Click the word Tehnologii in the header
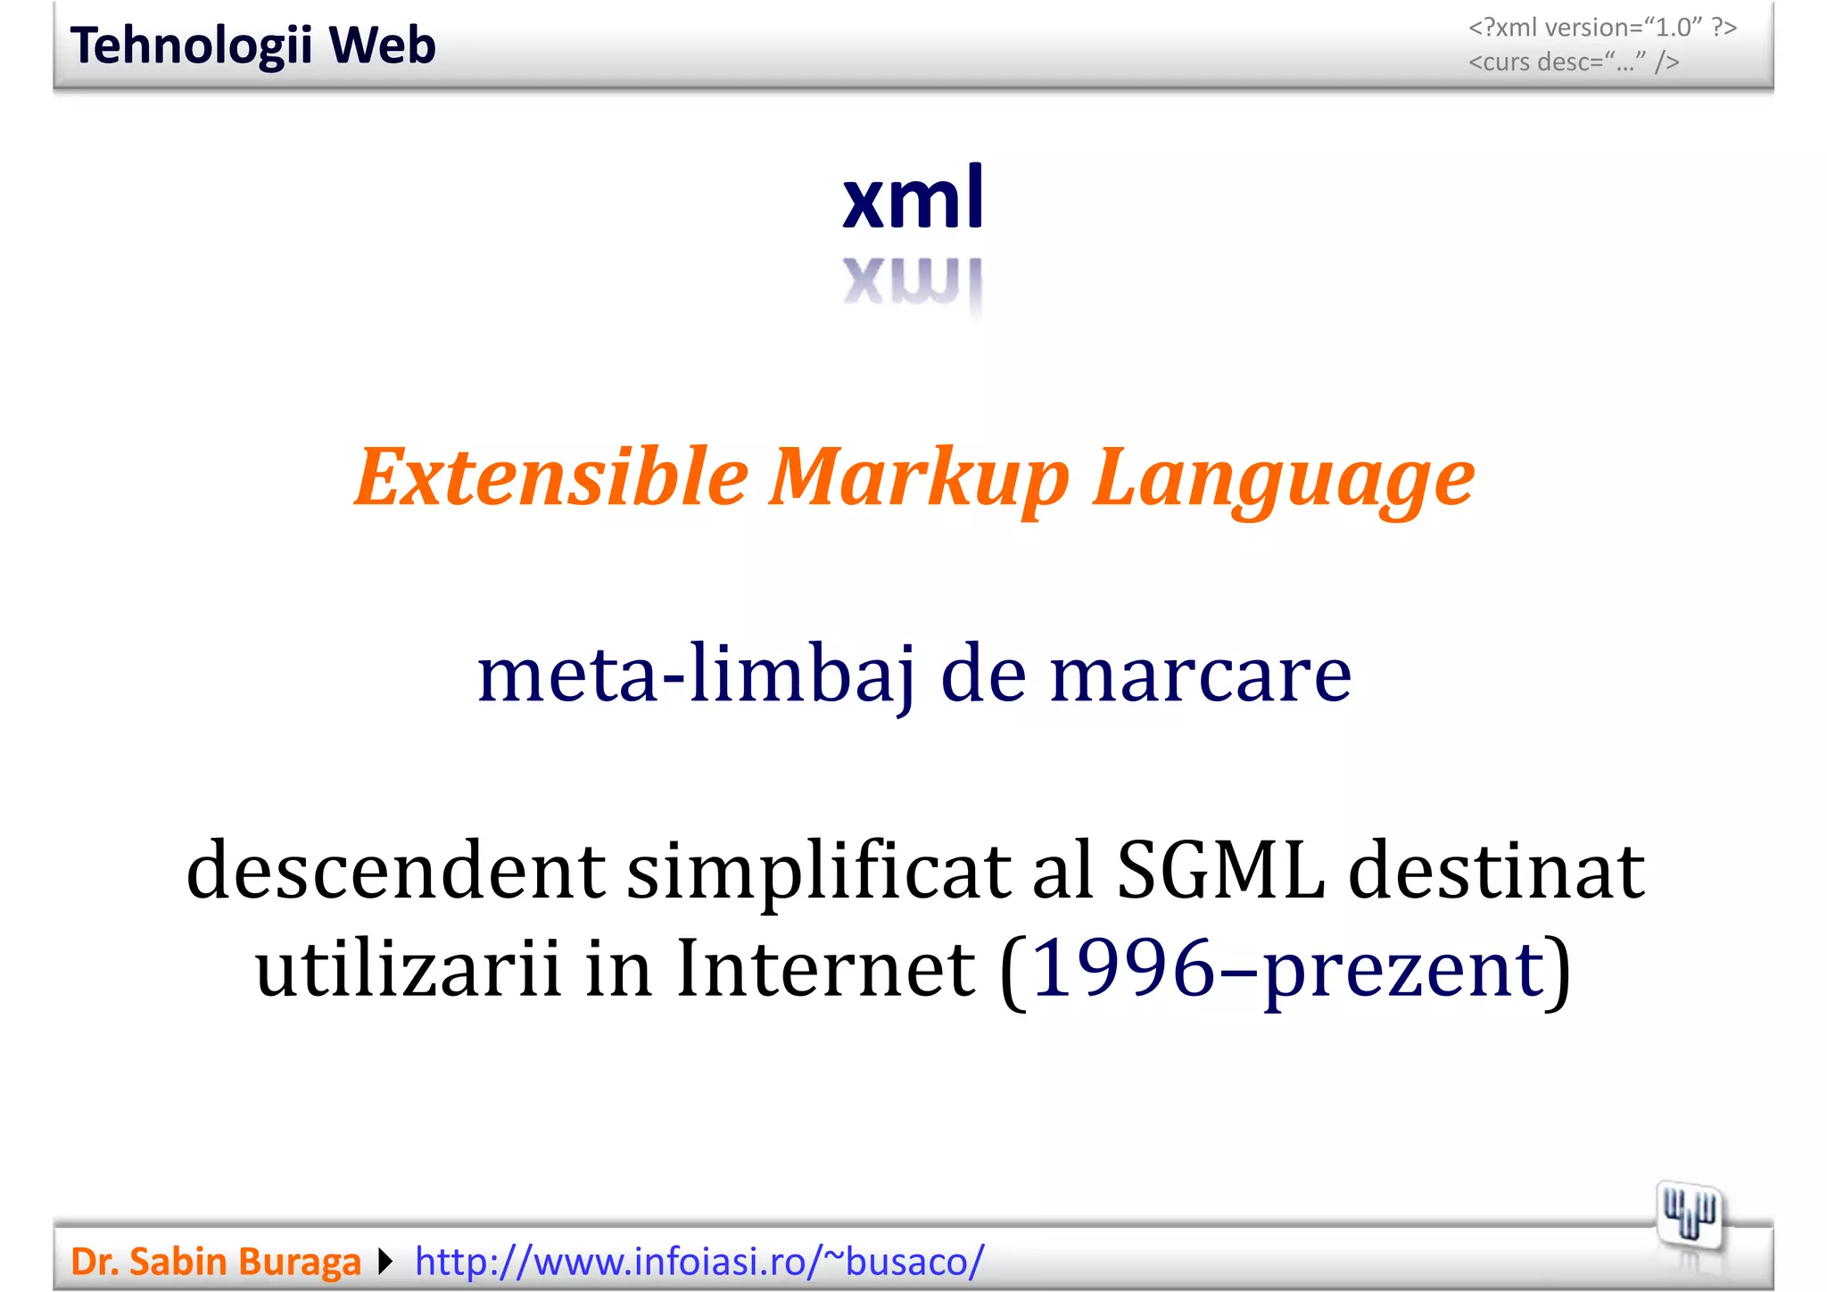point(191,46)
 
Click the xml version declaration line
point(1602,28)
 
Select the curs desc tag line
point(1574,62)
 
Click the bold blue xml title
point(913,197)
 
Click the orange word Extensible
point(550,477)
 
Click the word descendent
point(395,870)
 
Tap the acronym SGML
point(1220,870)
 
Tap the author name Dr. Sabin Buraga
point(215,1262)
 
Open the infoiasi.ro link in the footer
point(699,1262)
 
